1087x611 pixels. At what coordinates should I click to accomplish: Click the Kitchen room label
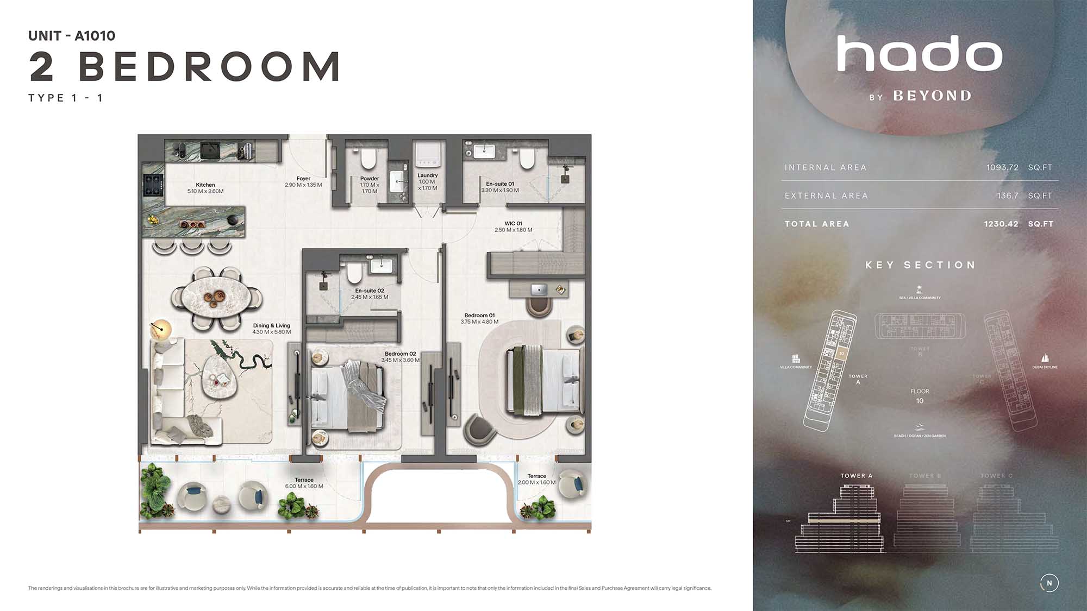click(x=205, y=185)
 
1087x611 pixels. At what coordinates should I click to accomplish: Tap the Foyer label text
click(x=303, y=179)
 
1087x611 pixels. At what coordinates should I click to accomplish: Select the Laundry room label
click(x=428, y=175)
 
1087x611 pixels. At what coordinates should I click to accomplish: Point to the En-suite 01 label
click(x=500, y=184)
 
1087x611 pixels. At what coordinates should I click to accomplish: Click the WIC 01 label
click(x=513, y=224)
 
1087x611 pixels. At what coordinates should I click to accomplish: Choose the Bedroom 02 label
click(x=401, y=354)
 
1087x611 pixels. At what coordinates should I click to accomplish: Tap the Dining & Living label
click(x=271, y=326)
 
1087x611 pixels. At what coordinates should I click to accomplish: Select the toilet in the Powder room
click(x=368, y=159)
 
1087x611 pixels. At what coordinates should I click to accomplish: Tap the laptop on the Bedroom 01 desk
click(x=539, y=289)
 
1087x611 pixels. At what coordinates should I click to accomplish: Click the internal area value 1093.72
click(x=1002, y=167)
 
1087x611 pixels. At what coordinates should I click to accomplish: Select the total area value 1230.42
click(x=1001, y=224)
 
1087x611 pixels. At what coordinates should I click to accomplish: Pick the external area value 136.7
click(x=1008, y=196)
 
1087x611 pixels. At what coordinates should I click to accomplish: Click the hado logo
click(x=920, y=54)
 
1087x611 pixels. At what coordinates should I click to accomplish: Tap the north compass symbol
click(x=1049, y=583)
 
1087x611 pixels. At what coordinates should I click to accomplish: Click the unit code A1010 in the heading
click(x=95, y=36)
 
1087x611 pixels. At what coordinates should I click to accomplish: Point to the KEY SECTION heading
click(x=920, y=265)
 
